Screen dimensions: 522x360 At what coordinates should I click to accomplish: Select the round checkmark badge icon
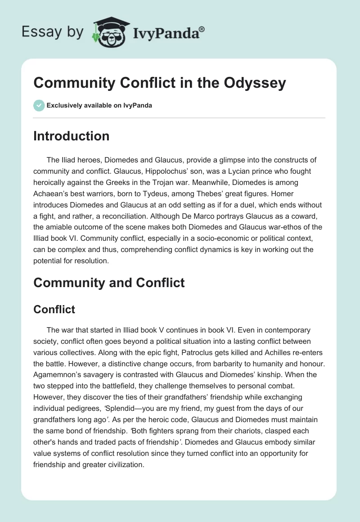pos(39,105)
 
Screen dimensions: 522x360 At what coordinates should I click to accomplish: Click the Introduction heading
pos(71,136)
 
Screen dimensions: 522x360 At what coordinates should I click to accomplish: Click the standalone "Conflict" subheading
pos(54,309)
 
